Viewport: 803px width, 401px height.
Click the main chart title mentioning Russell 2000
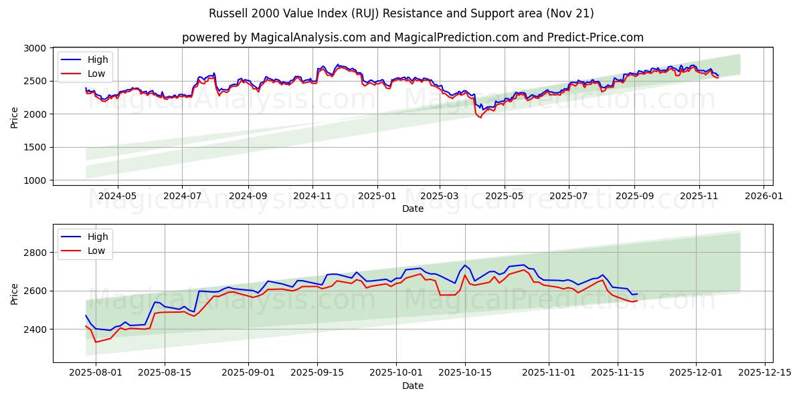tap(401, 13)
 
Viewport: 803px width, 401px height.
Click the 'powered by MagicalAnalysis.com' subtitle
tap(412, 37)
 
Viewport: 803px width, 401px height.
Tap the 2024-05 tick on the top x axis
tap(118, 196)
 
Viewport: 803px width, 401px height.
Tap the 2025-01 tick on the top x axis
tap(377, 196)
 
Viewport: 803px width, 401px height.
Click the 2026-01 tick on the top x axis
tap(764, 196)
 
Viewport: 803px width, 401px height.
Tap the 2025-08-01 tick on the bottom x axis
tap(96, 372)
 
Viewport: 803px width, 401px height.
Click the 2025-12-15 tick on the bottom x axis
tap(765, 372)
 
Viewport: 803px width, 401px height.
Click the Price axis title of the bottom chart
tap(15, 293)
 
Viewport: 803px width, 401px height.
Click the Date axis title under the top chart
tap(412, 209)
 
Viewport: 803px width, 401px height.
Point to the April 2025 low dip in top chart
tap(479, 117)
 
